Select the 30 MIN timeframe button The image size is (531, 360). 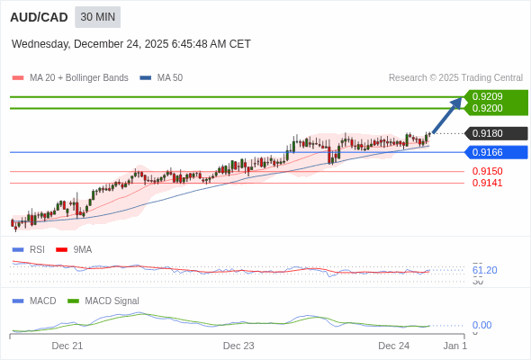coord(97,17)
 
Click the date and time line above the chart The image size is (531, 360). coord(131,44)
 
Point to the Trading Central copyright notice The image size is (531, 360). coord(455,78)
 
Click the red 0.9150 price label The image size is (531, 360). coord(487,171)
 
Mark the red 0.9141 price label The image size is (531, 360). coord(487,183)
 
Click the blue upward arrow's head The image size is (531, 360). coord(458,101)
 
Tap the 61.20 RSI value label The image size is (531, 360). coord(484,270)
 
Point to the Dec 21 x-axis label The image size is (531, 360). coord(67,346)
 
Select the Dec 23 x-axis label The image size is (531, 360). coord(238,346)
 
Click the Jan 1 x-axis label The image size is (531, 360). coord(455,346)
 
